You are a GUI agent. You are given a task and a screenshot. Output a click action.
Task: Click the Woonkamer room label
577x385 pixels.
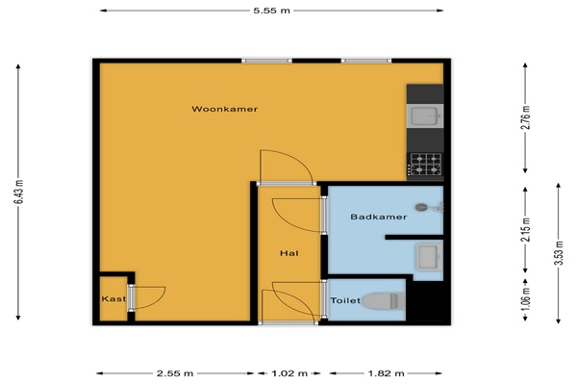[224, 109]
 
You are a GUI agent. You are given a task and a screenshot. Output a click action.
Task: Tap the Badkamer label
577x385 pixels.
[378, 217]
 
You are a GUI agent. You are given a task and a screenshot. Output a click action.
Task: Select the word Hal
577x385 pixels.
[289, 253]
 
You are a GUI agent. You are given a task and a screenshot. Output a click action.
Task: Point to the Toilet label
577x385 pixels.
[345, 300]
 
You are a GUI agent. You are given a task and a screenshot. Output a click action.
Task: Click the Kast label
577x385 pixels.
[113, 298]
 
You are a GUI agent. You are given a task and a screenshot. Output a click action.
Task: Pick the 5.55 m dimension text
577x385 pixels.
[271, 11]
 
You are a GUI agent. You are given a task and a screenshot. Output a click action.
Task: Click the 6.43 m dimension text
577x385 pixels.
[20, 192]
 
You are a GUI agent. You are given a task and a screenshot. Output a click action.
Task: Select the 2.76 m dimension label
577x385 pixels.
[527, 117]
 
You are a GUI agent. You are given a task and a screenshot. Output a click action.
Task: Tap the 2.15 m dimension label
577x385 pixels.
[527, 230]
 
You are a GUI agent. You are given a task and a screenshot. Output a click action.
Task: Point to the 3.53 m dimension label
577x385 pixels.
[558, 253]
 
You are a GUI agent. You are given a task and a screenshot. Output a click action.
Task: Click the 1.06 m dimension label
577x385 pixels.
[527, 298]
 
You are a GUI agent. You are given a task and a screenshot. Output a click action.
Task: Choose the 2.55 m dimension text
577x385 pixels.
[175, 373]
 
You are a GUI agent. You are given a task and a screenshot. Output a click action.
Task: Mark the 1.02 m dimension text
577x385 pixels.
[289, 373]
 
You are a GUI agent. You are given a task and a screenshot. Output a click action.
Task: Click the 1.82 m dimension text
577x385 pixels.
[386, 373]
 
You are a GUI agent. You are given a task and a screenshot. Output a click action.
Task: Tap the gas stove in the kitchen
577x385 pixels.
[425, 165]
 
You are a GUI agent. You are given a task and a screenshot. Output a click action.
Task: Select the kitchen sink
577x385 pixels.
[425, 115]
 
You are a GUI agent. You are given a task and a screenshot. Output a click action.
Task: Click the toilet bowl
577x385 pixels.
[383, 301]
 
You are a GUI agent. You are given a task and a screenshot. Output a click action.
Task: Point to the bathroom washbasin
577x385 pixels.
[429, 257]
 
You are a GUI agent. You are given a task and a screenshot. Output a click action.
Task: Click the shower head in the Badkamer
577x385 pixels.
[421, 208]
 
